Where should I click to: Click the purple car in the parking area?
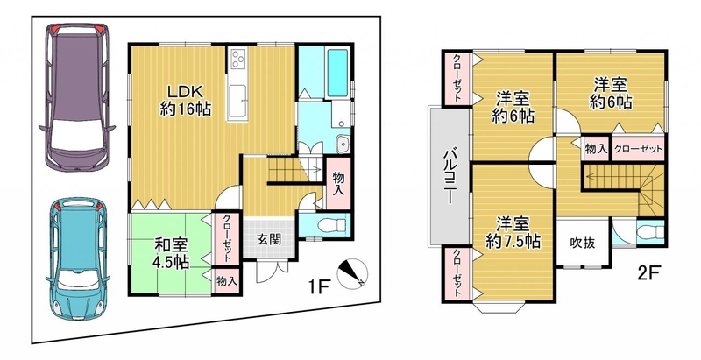77,97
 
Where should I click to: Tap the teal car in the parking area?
78,258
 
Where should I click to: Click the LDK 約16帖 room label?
186,101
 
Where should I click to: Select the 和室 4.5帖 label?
171,254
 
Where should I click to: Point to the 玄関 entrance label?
269,239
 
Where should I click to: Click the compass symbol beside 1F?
352,274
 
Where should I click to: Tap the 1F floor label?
318,286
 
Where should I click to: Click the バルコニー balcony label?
449,177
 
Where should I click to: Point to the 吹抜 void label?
583,243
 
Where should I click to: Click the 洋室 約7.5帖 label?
513,232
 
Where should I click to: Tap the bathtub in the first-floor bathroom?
337,74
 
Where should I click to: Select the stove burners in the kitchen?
238,59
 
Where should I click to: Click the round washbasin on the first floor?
344,144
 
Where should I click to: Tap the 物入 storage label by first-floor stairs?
338,184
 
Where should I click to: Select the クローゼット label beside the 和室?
227,239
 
